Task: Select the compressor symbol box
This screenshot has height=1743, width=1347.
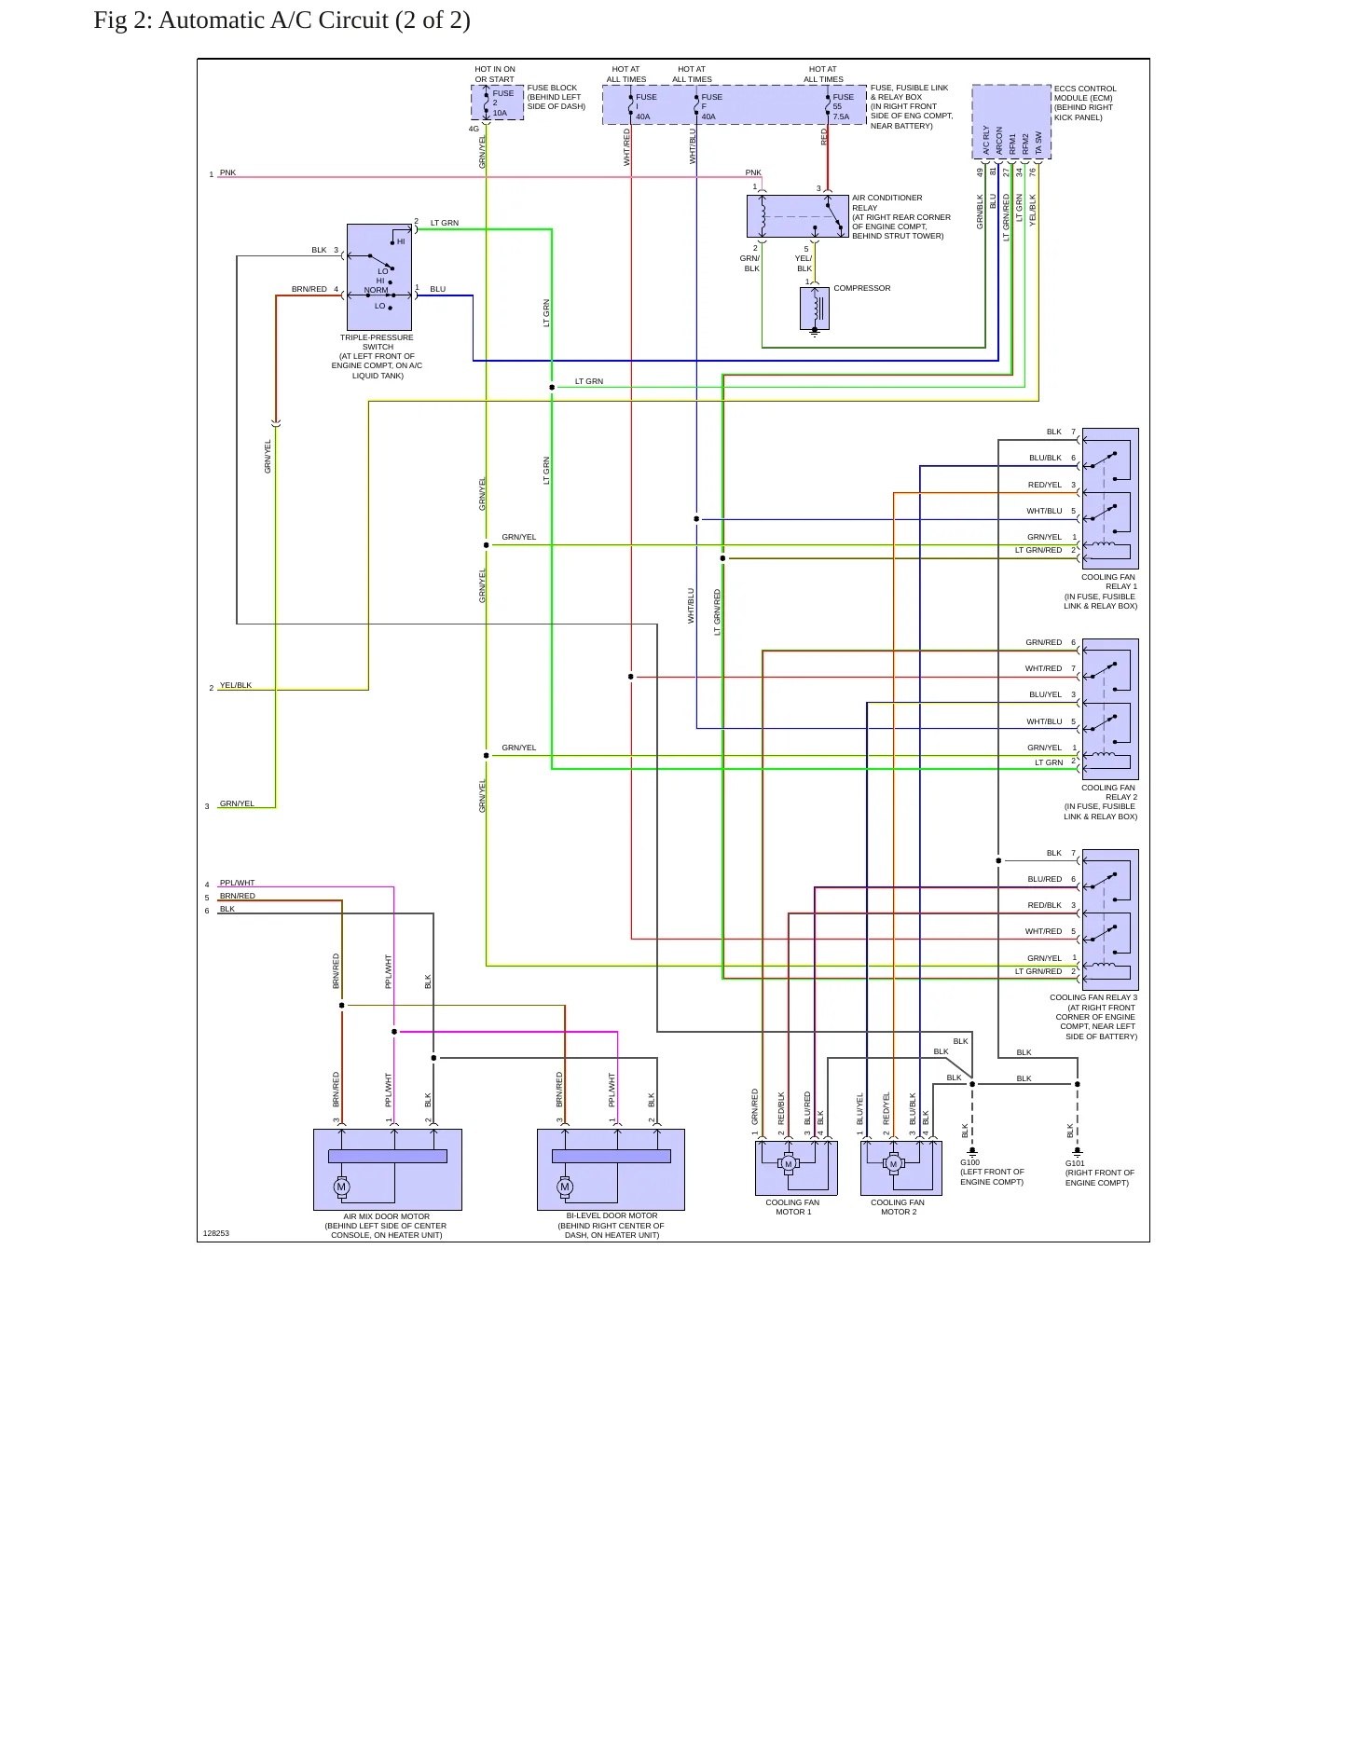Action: pyautogui.click(x=815, y=309)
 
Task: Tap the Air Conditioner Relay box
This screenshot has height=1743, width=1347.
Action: pyautogui.click(x=798, y=216)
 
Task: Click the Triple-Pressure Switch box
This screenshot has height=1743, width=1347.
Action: pyautogui.click(x=379, y=277)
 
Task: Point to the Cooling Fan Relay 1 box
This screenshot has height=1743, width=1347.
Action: pyautogui.click(x=1110, y=499)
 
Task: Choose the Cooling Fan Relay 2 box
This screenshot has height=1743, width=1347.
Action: pyautogui.click(x=1110, y=709)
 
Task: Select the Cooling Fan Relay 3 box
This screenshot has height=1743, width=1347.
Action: pyautogui.click(x=1110, y=919)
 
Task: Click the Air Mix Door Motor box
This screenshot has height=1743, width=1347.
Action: pyautogui.click(x=388, y=1170)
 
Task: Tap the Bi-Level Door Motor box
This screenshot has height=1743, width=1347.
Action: pyautogui.click(x=611, y=1170)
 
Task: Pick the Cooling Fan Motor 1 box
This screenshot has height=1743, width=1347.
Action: pyautogui.click(x=796, y=1168)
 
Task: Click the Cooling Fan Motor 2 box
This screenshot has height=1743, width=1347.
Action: pyautogui.click(x=901, y=1168)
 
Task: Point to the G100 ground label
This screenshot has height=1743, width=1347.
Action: pyautogui.click(x=970, y=1163)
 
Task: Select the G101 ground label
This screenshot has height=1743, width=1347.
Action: pyautogui.click(x=1076, y=1163)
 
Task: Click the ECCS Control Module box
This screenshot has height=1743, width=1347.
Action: pyautogui.click(x=1011, y=122)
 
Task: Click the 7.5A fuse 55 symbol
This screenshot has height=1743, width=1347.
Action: pyautogui.click(x=827, y=105)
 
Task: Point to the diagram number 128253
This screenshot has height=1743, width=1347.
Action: pyautogui.click(x=216, y=1233)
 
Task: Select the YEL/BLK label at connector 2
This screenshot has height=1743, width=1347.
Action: pyautogui.click(x=236, y=685)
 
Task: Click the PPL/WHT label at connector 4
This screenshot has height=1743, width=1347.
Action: pyautogui.click(x=237, y=883)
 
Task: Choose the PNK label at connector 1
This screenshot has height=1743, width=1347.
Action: pyautogui.click(x=227, y=172)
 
